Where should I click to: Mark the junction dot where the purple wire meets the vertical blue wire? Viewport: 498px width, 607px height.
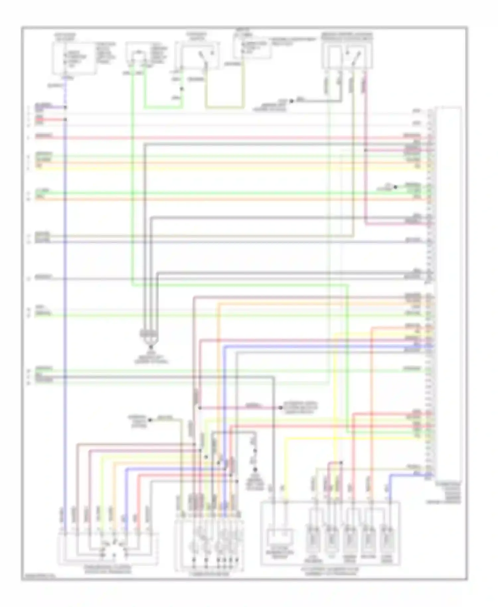(65, 107)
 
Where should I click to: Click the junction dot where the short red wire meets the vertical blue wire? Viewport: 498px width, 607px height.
(65, 120)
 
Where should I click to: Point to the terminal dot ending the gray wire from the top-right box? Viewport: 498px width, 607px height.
(291, 101)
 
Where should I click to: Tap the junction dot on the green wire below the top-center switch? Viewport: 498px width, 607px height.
(181, 89)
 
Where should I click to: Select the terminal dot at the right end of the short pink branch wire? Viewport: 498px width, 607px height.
(281, 407)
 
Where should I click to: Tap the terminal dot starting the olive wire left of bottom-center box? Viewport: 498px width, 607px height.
(150, 420)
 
